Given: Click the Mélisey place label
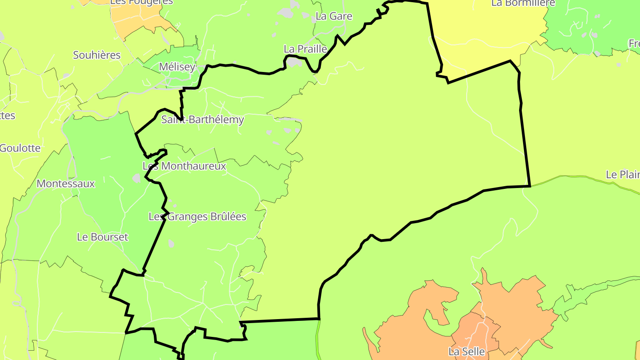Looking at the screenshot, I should tap(177, 67).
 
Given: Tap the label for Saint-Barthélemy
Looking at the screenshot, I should tap(202, 120).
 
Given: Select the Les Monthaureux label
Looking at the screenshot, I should tap(184, 166).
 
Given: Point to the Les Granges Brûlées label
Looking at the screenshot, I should tap(197, 217).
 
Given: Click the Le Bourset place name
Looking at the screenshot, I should tap(102, 237).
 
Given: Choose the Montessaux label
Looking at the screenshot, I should tap(66, 184).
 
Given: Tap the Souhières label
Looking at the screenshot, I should tap(96, 55).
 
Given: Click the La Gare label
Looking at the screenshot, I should tap(334, 16).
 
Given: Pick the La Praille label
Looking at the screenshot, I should tap(305, 49).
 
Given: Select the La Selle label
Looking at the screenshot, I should tap(466, 352).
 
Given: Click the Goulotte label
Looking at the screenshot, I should tap(20, 148).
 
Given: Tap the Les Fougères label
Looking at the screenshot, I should tap(141, 2).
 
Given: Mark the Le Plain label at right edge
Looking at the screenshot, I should tap(622, 175).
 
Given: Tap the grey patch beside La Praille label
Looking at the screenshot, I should tap(293, 62).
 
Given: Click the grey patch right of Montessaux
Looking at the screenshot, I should tap(136, 178).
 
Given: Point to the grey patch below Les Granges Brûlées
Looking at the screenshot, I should tap(171, 244).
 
